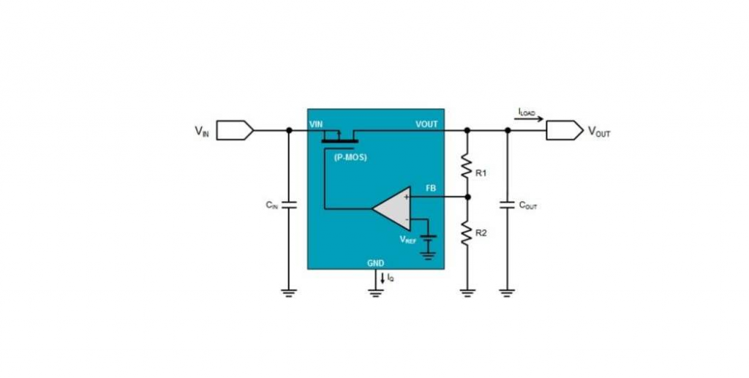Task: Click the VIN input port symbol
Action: tap(235, 130)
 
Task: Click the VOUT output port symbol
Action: tap(565, 130)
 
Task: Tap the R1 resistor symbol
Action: tap(467, 166)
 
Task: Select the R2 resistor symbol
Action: tap(467, 233)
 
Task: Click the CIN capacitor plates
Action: tap(288, 205)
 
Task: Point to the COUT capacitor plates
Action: tap(508, 205)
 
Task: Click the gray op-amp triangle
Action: tap(392, 208)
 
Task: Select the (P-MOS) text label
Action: tap(350, 157)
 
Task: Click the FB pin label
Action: tap(431, 189)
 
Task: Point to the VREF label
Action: tap(408, 240)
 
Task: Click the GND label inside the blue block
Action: tap(375, 263)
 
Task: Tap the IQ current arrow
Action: tap(382, 278)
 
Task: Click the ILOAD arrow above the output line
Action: tap(530, 119)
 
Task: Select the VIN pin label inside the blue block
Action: tap(316, 124)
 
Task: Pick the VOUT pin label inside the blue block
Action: tap(426, 124)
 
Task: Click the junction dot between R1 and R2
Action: tap(467, 197)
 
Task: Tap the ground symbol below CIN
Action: tap(288, 293)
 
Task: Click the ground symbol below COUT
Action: tap(508, 293)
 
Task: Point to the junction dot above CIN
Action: tap(288, 130)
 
